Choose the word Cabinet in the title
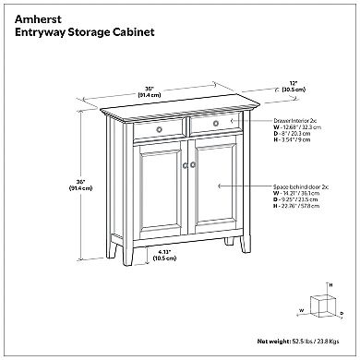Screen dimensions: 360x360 126,31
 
